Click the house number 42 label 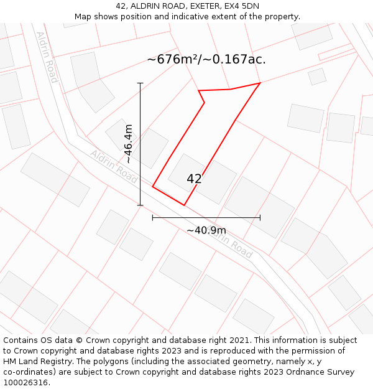pos(194,179)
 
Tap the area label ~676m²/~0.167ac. pos(206,60)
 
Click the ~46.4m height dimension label pos(128,144)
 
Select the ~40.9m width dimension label pos(206,230)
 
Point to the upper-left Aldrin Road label pos(47,57)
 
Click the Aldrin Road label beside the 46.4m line pos(114,166)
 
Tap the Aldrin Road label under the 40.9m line pos(231,243)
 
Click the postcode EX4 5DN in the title pos(242,6)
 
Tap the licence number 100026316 pos(26,383)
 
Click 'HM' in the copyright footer pos(10,362)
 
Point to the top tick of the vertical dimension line pos(140,83)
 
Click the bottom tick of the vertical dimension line pos(140,205)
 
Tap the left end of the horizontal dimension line pos(152,218)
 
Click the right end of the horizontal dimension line pos(260,218)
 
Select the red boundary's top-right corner pos(260,83)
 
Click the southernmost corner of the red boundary pos(184,205)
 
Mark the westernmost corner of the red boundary pos(152,186)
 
